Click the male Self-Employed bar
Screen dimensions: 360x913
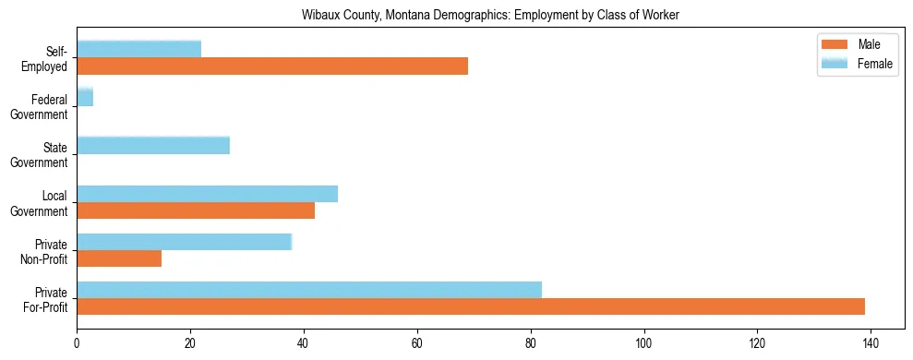point(272,66)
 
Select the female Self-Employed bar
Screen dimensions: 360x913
point(138,49)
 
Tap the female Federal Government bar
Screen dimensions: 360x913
point(85,97)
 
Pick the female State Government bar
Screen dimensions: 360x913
point(153,145)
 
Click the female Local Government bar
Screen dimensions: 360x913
point(207,193)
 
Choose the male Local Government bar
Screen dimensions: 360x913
point(196,210)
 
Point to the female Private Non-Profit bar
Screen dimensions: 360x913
point(184,242)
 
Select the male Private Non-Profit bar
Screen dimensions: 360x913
point(119,258)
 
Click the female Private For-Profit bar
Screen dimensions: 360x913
point(309,290)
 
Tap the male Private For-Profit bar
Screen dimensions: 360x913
point(471,306)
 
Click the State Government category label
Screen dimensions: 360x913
point(46,154)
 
